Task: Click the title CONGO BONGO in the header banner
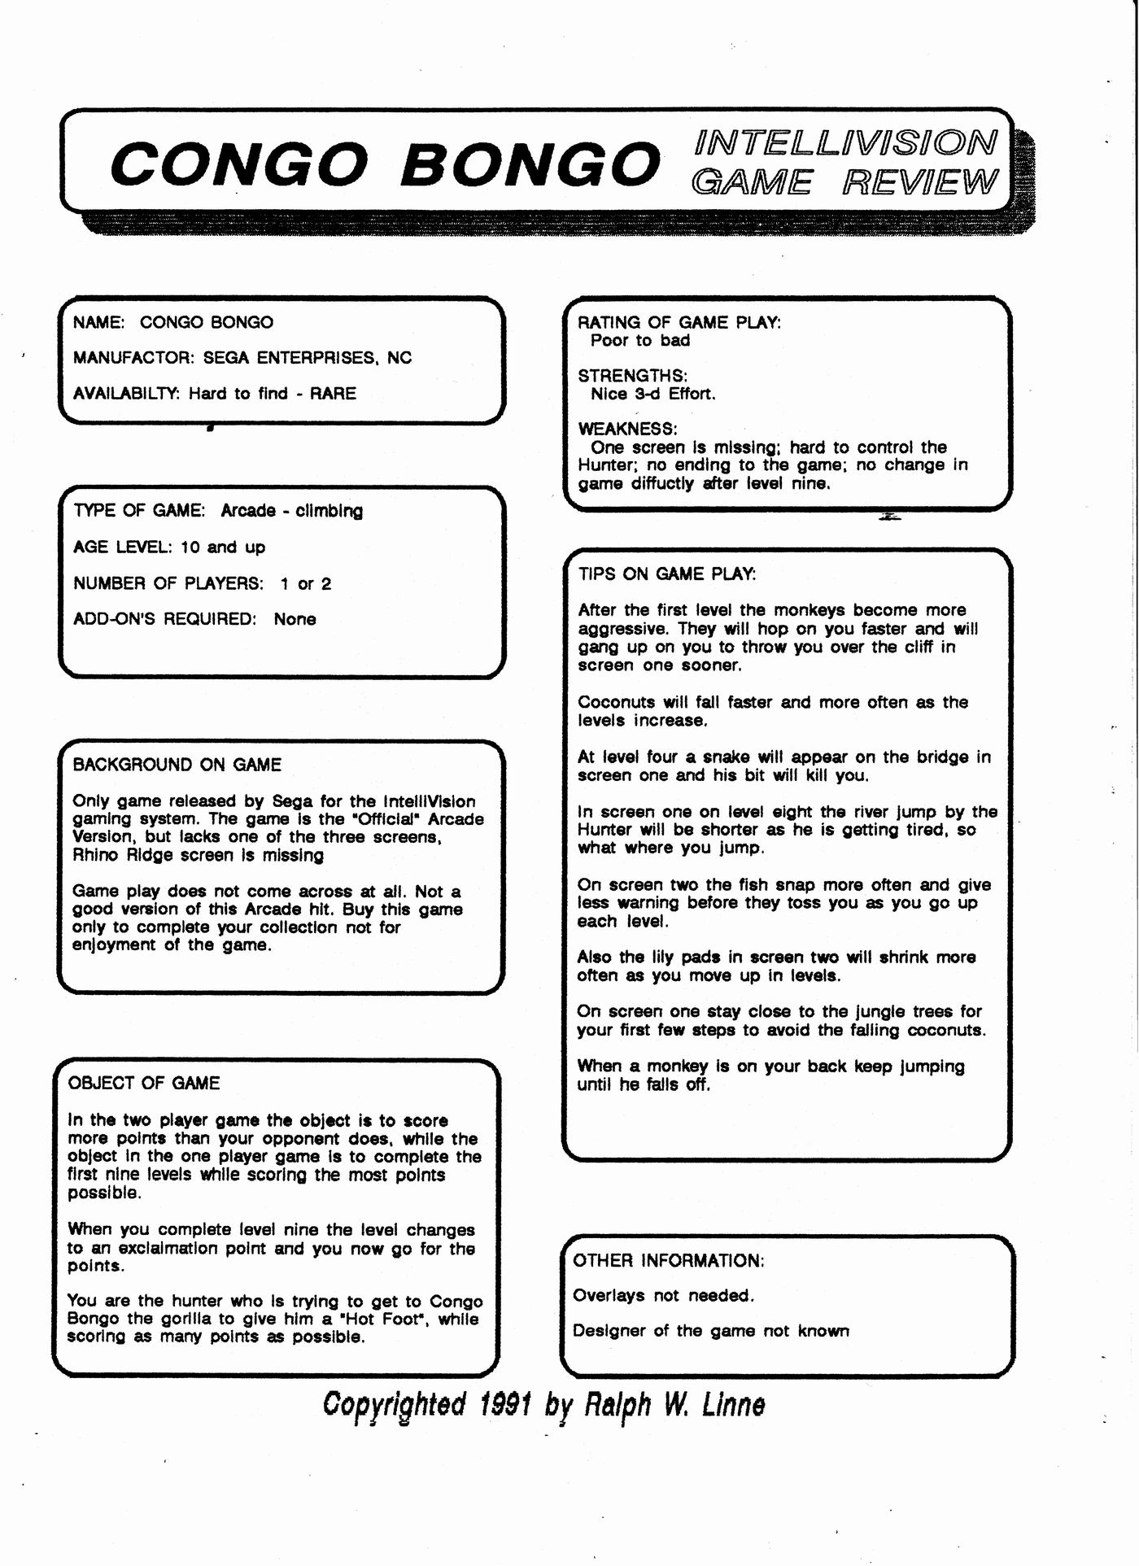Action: [385, 163]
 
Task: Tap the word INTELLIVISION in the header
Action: [845, 143]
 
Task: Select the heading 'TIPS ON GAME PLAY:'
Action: [667, 574]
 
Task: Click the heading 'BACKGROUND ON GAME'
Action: [177, 765]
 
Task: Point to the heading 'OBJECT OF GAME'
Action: [144, 1083]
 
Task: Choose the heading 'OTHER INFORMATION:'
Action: [669, 1260]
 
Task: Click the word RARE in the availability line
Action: [333, 394]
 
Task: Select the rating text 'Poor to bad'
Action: [640, 341]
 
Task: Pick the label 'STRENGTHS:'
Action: [633, 376]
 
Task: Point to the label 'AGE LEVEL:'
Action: [123, 547]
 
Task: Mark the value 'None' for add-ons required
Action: [295, 619]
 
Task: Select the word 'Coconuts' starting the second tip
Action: [616, 702]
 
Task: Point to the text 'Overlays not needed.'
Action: [663, 1295]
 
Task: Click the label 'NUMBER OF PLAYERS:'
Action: [168, 583]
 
